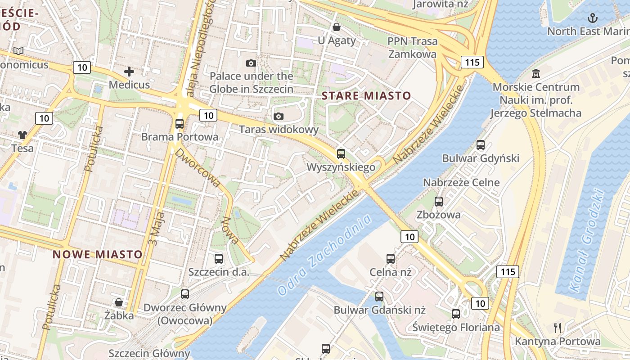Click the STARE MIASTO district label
pyautogui.click(x=366, y=95)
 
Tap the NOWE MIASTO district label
pyautogui.click(x=98, y=254)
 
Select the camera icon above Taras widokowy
pyautogui.click(x=279, y=117)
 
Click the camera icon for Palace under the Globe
pyautogui.click(x=251, y=63)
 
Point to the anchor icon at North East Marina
pyautogui.click(x=593, y=18)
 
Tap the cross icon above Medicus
pyautogui.click(x=129, y=72)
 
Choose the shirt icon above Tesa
pyautogui.click(x=22, y=135)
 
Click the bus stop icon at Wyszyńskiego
pyautogui.click(x=341, y=154)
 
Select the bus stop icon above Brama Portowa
pyautogui.click(x=180, y=123)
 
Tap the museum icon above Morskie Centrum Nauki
pyautogui.click(x=536, y=73)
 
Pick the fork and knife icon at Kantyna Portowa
pyautogui.click(x=558, y=328)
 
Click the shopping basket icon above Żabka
pyautogui.click(x=119, y=302)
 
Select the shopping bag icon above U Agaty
pyautogui.click(x=336, y=27)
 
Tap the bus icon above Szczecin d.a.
pyautogui.click(x=219, y=258)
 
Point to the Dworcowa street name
pyautogui.click(x=198, y=168)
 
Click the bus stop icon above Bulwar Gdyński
pyautogui.click(x=481, y=145)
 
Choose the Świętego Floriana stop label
pyautogui.click(x=456, y=327)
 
